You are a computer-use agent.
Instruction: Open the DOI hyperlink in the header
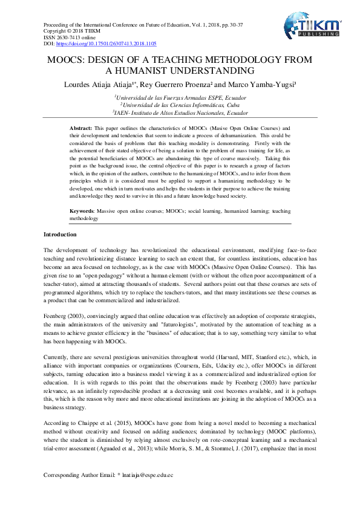coord(106,44)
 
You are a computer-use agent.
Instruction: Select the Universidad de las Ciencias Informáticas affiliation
coord(180,104)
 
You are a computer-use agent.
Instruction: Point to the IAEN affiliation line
coord(180,112)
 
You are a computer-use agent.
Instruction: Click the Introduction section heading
coord(60,234)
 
